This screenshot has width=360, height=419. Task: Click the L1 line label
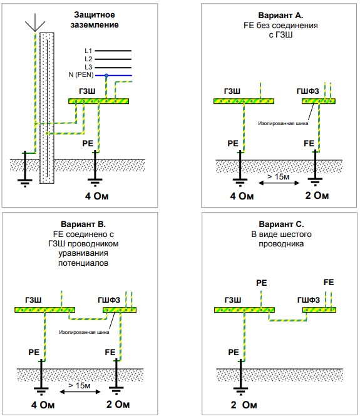pos(88,51)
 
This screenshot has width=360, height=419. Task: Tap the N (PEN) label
pos(81,74)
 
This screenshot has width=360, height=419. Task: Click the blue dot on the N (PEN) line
pos(106,76)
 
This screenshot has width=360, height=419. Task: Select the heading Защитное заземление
pos(95,20)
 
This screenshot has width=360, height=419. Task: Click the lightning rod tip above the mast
pos(35,31)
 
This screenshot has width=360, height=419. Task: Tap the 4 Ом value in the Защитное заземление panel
pos(97,196)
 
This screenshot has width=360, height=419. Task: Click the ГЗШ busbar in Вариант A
pos(244,101)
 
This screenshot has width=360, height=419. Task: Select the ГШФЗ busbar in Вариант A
pos(319,101)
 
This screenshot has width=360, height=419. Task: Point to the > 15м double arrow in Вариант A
pos(279,183)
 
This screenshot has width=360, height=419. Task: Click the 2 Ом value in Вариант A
pos(317,195)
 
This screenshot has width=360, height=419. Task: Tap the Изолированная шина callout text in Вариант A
pos(283,123)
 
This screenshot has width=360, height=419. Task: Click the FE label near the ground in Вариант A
pos(309,143)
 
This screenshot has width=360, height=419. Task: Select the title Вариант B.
pos(83,224)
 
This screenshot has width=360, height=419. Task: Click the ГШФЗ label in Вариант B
pos(109,300)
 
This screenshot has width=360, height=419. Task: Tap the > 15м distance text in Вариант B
pos(80,385)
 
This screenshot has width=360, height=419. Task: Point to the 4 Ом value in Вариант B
pos(43,405)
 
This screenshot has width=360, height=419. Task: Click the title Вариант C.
pos(281,224)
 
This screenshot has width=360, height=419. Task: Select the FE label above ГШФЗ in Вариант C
pos(329,283)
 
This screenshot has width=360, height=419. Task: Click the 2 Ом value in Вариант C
pos(244,405)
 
